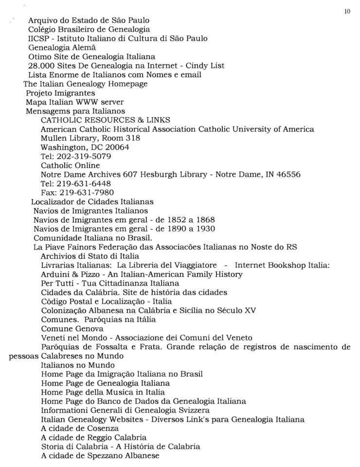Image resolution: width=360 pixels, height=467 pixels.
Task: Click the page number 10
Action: click(x=347, y=12)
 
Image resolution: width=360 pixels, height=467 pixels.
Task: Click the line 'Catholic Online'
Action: click(x=70, y=165)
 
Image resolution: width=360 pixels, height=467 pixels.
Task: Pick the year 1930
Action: click(x=205, y=229)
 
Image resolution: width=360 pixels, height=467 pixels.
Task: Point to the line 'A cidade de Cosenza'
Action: click(x=80, y=429)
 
